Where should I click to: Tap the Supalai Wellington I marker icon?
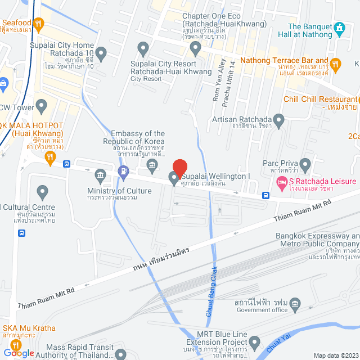click(x=174, y=178)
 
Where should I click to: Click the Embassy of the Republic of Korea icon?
click(x=152, y=164)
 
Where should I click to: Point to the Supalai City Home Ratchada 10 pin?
click(x=101, y=54)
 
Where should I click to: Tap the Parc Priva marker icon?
click(x=305, y=165)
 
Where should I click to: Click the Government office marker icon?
click(x=296, y=305)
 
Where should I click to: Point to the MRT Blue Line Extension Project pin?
click(x=255, y=341)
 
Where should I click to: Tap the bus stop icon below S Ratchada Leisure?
click(x=265, y=196)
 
